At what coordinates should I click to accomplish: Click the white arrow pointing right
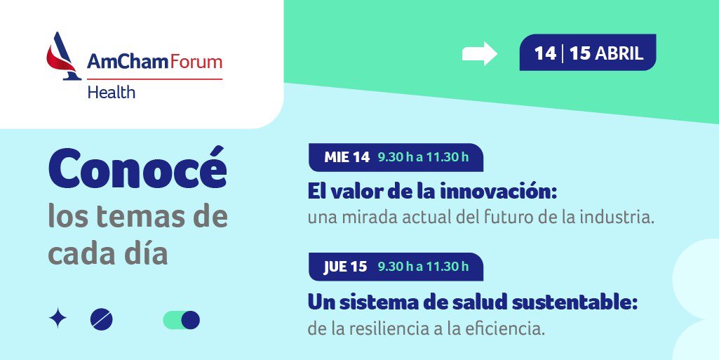480,53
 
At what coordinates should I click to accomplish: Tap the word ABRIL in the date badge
619,53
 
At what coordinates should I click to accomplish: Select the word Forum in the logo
196,62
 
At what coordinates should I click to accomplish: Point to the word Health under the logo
112,92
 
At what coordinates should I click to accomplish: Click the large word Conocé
137,168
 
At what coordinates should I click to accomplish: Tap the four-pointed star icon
58,319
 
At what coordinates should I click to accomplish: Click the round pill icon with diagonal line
101,319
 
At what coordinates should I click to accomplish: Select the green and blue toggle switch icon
182,320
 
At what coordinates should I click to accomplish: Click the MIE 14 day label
347,157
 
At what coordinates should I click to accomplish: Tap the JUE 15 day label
345,267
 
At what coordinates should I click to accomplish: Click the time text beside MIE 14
423,157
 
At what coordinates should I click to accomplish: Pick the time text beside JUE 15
423,267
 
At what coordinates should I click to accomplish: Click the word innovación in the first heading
498,192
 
